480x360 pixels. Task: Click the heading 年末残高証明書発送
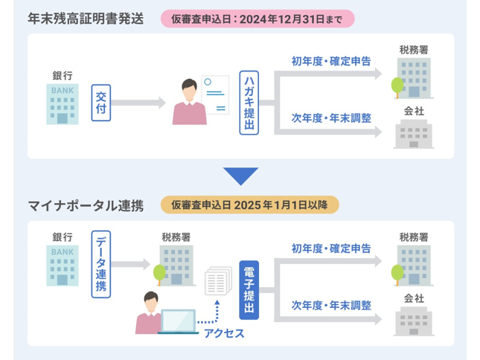coord(86,19)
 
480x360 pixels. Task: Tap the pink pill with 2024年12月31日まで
coord(257,19)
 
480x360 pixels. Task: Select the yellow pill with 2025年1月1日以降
coord(250,205)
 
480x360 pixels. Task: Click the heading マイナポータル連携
coord(86,205)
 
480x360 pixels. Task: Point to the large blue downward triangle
coord(241,176)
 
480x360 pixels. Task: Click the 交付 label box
coord(101,103)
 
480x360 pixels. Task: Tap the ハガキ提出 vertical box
coord(249,103)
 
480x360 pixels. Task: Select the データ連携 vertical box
coord(101,264)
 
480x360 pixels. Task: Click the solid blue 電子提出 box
coord(249,290)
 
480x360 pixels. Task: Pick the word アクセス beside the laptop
coord(224,333)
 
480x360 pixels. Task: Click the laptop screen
coord(178,321)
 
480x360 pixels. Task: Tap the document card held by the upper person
coord(215,94)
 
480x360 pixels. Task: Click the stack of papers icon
coord(218,280)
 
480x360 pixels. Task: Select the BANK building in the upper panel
coord(63,104)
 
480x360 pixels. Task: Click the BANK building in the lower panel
coord(63,266)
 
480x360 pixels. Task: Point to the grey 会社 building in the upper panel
coord(414,134)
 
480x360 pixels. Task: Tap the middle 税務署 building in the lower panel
coord(176,266)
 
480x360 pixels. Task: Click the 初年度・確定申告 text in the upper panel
coord(331,61)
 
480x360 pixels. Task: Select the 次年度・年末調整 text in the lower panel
coord(331,305)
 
